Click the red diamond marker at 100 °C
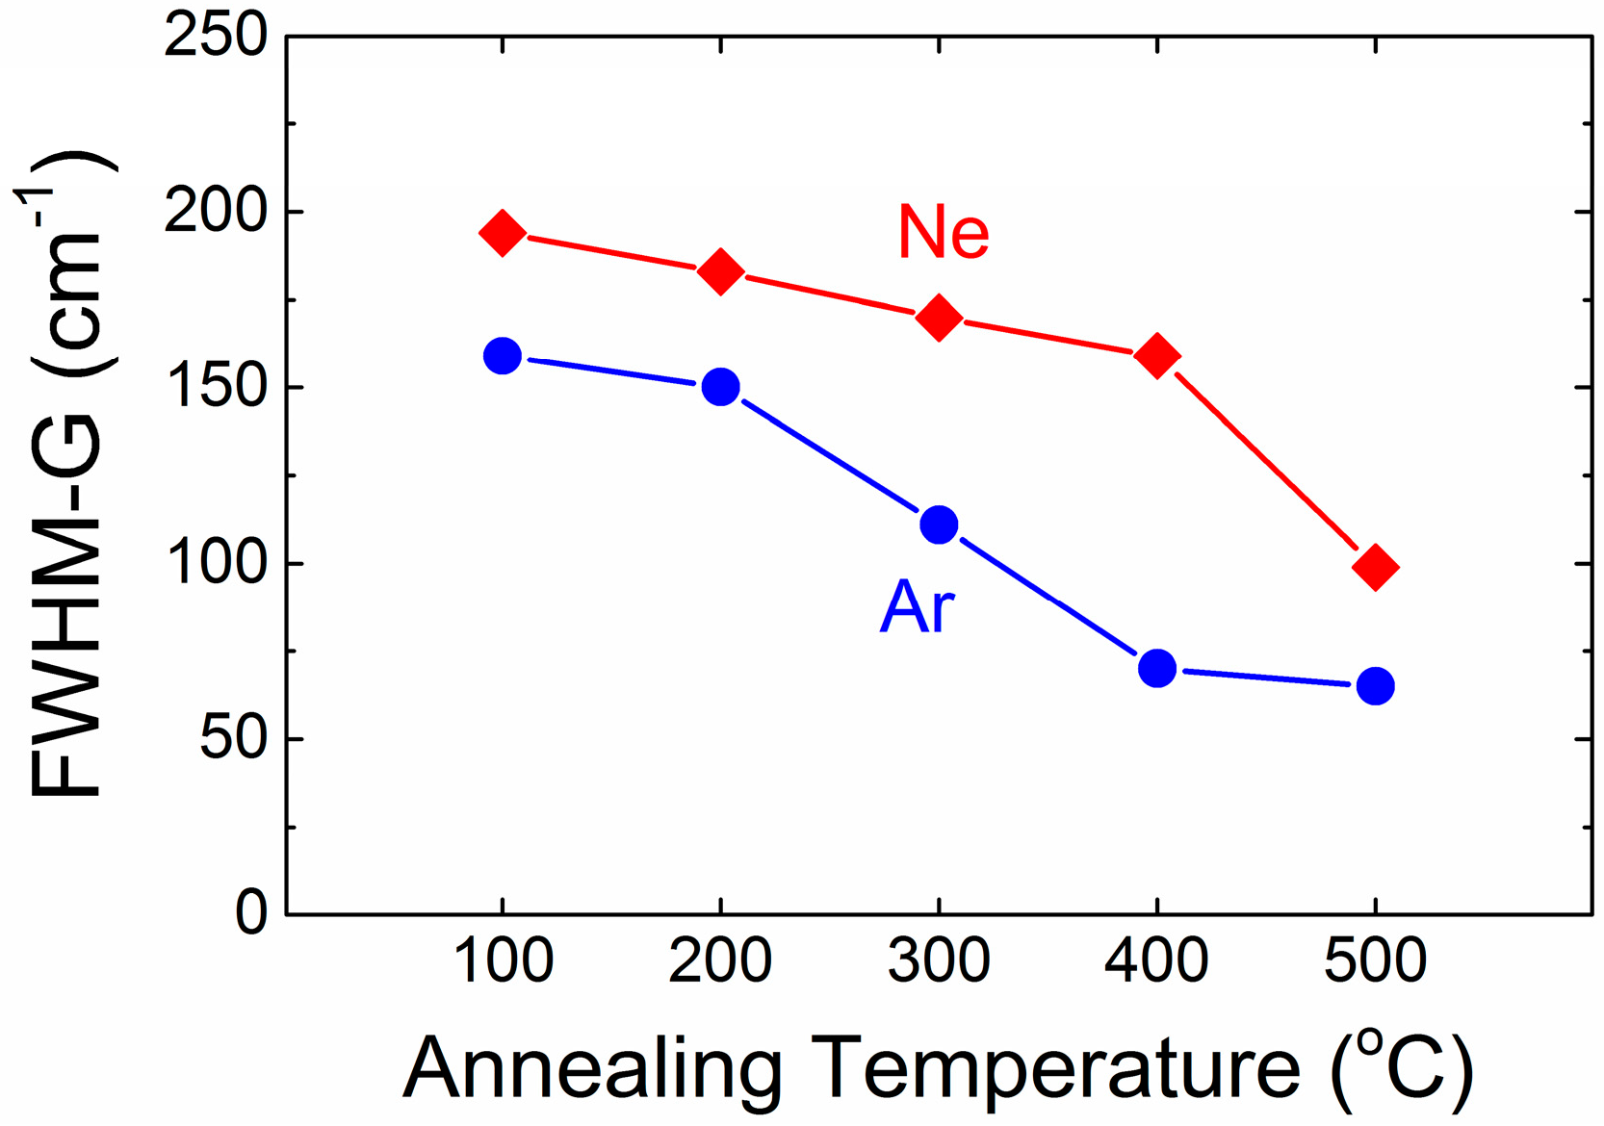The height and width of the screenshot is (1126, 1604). pos(502,233)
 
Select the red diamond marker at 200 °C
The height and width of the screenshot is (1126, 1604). pos(720,271)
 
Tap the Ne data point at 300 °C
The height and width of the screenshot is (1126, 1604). pos(939,318)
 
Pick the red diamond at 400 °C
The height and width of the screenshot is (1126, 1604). pos(1156,356)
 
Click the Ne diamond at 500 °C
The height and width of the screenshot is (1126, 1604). pos(1375,567)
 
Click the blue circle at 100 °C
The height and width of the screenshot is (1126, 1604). pos(502,356)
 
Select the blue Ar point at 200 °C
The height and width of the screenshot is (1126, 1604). pos(720,387)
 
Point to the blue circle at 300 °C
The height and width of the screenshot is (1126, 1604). pos(939,525)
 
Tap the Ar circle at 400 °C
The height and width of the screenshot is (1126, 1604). pos(1156,667)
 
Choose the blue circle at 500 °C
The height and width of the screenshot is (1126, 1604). pos(1375,686)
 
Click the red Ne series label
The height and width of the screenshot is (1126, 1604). pos(943,232)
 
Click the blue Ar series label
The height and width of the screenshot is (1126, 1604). pos(917,607)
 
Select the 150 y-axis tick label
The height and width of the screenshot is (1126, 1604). pos(216,387)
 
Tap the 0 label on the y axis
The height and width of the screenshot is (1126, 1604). pos(251,912)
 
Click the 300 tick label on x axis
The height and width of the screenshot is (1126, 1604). pos(939,960)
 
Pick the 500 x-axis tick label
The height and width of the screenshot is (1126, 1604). pos(1375,960)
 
